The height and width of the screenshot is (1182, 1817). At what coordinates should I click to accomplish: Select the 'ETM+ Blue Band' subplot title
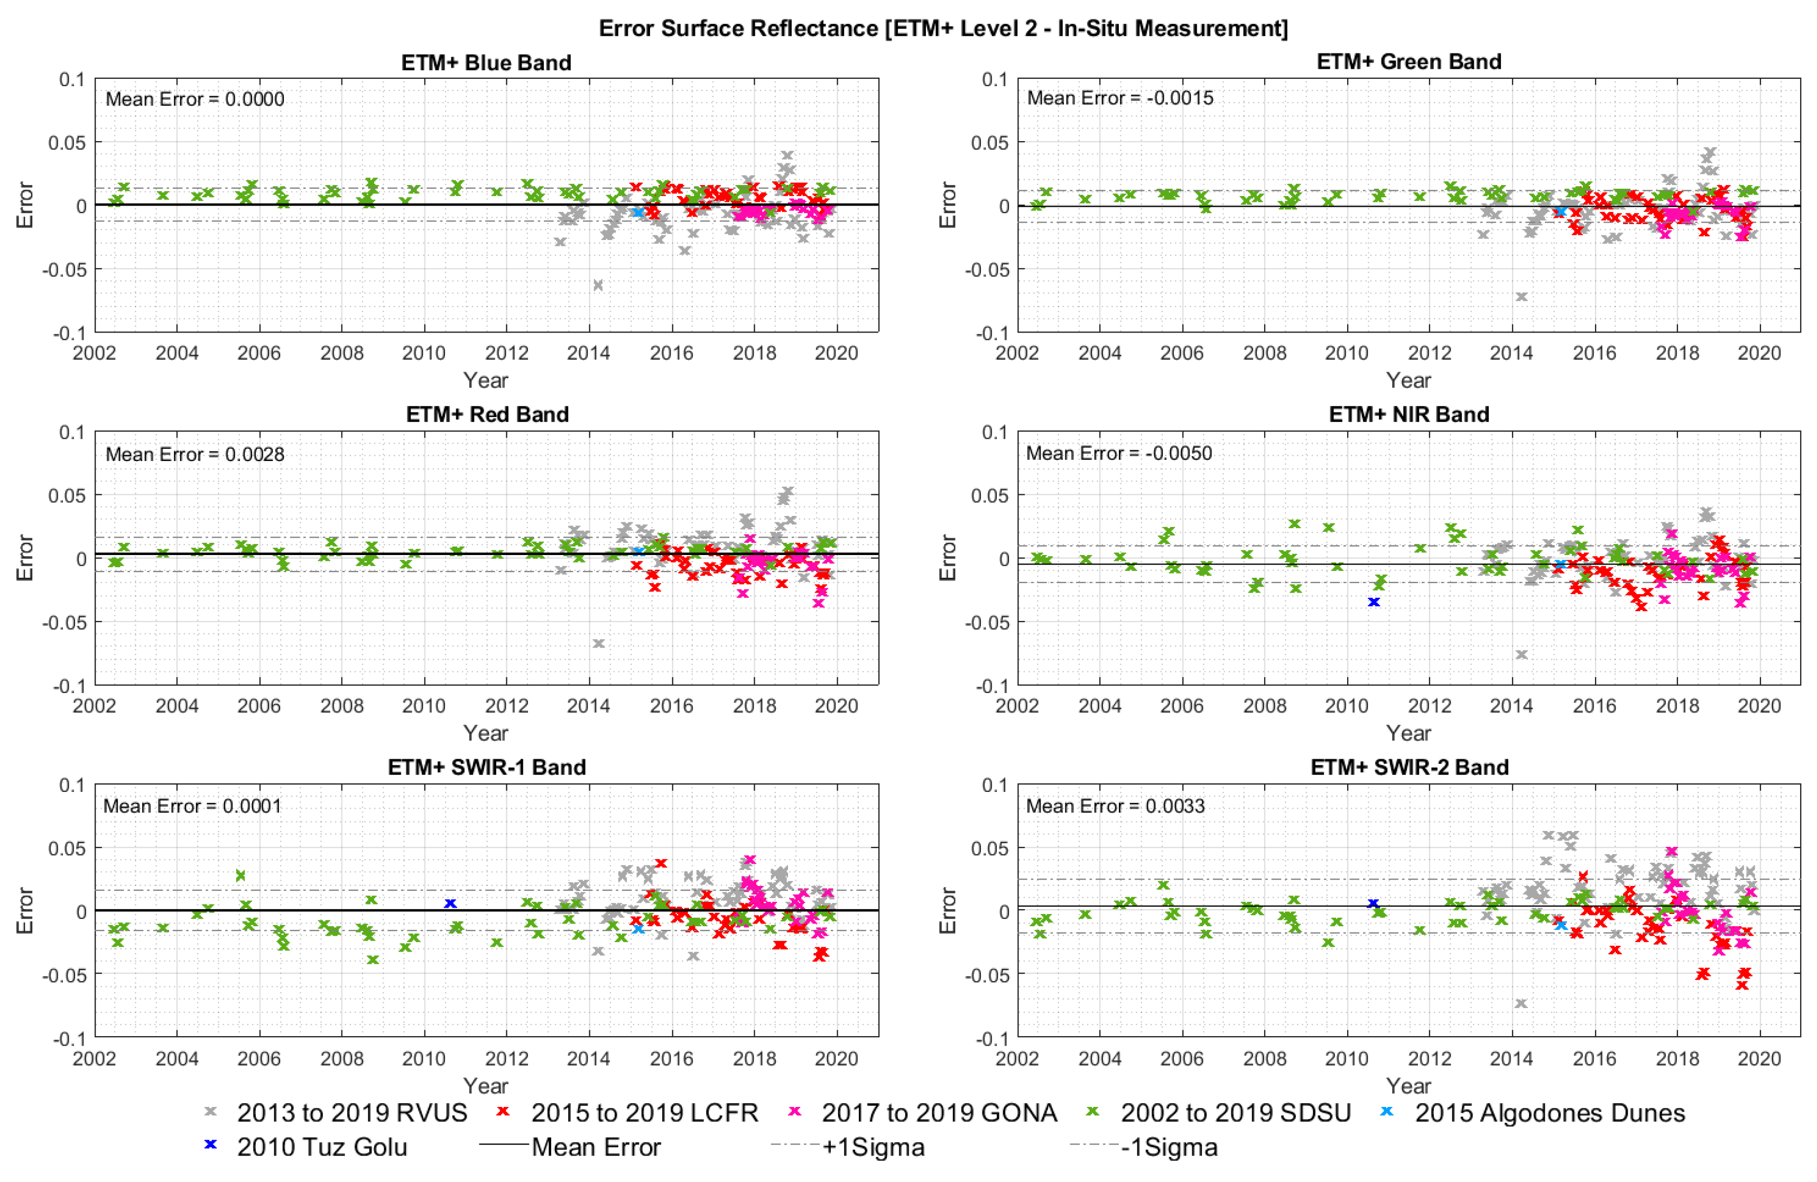pyautogui.click(x=486, y=62)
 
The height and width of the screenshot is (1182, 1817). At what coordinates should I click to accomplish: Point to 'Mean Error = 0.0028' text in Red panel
pyautogui.click(x=194, y=454)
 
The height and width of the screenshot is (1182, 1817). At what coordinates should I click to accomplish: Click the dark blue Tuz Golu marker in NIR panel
pyautogui.click(x=1374, y=602)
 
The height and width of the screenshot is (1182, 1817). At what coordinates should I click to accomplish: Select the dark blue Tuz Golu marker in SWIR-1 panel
pyautogui.click(x=450, y=903)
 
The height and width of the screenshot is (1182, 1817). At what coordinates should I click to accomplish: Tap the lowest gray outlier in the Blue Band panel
pyautogui.click(x=598, y=285)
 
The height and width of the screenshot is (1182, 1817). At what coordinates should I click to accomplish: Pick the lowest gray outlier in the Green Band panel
pyautogui.click(x=1521, y=296)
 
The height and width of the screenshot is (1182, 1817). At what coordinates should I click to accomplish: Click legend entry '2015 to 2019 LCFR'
pyautogui.click(x=644, y=1113)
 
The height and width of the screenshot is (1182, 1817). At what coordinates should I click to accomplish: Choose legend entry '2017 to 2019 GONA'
pyautogui.click(x=939, y=1113)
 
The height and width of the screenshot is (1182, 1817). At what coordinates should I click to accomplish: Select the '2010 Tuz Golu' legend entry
pyautogui.click(x=321, y=1147)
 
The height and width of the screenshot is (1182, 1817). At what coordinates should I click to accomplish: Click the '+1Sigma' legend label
pyautogui.click(x=873, y=1147)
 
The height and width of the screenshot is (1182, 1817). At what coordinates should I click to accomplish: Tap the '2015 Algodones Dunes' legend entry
pyautogui.click(x=1550, y=1113)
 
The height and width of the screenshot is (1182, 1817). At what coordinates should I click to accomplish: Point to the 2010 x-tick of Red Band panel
pyautogui.click(x=424, y=706)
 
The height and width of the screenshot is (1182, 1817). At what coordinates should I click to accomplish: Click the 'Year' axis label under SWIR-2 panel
pyautogui.click(x=1408, y=1085)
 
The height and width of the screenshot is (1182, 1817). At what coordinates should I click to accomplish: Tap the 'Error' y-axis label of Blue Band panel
pyautogui.click(x=25, y=205)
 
